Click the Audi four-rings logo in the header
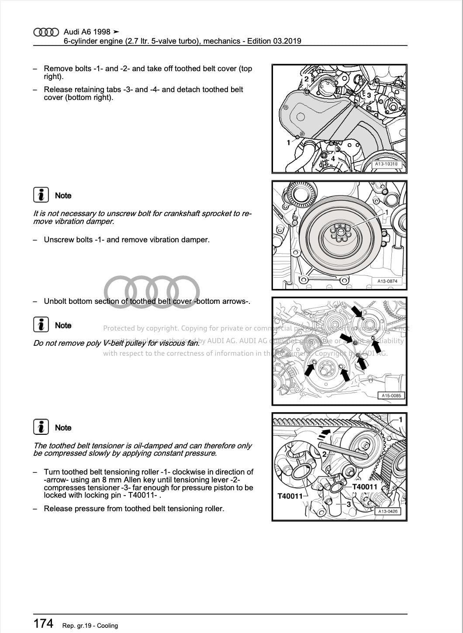[x=46, y=32]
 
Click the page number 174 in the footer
[x=43, y=623]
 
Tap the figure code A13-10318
[x=386, y=164]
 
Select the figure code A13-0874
[x=387, y=281]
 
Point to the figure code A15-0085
[x=391, y=396]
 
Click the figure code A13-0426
[x=387, y=511]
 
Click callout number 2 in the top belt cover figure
[x=307, y=79]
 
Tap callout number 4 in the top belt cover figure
[x=333, y=159]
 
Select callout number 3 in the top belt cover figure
[x=369, y=95]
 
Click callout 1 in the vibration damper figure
[x=387, y=212]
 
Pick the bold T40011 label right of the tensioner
[x=364, y=487]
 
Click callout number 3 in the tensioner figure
[x=349, y=504]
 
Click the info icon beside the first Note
[x=41, y=195]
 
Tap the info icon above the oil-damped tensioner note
[x=41, y=427]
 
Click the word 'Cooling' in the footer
[x=107, y=626]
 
